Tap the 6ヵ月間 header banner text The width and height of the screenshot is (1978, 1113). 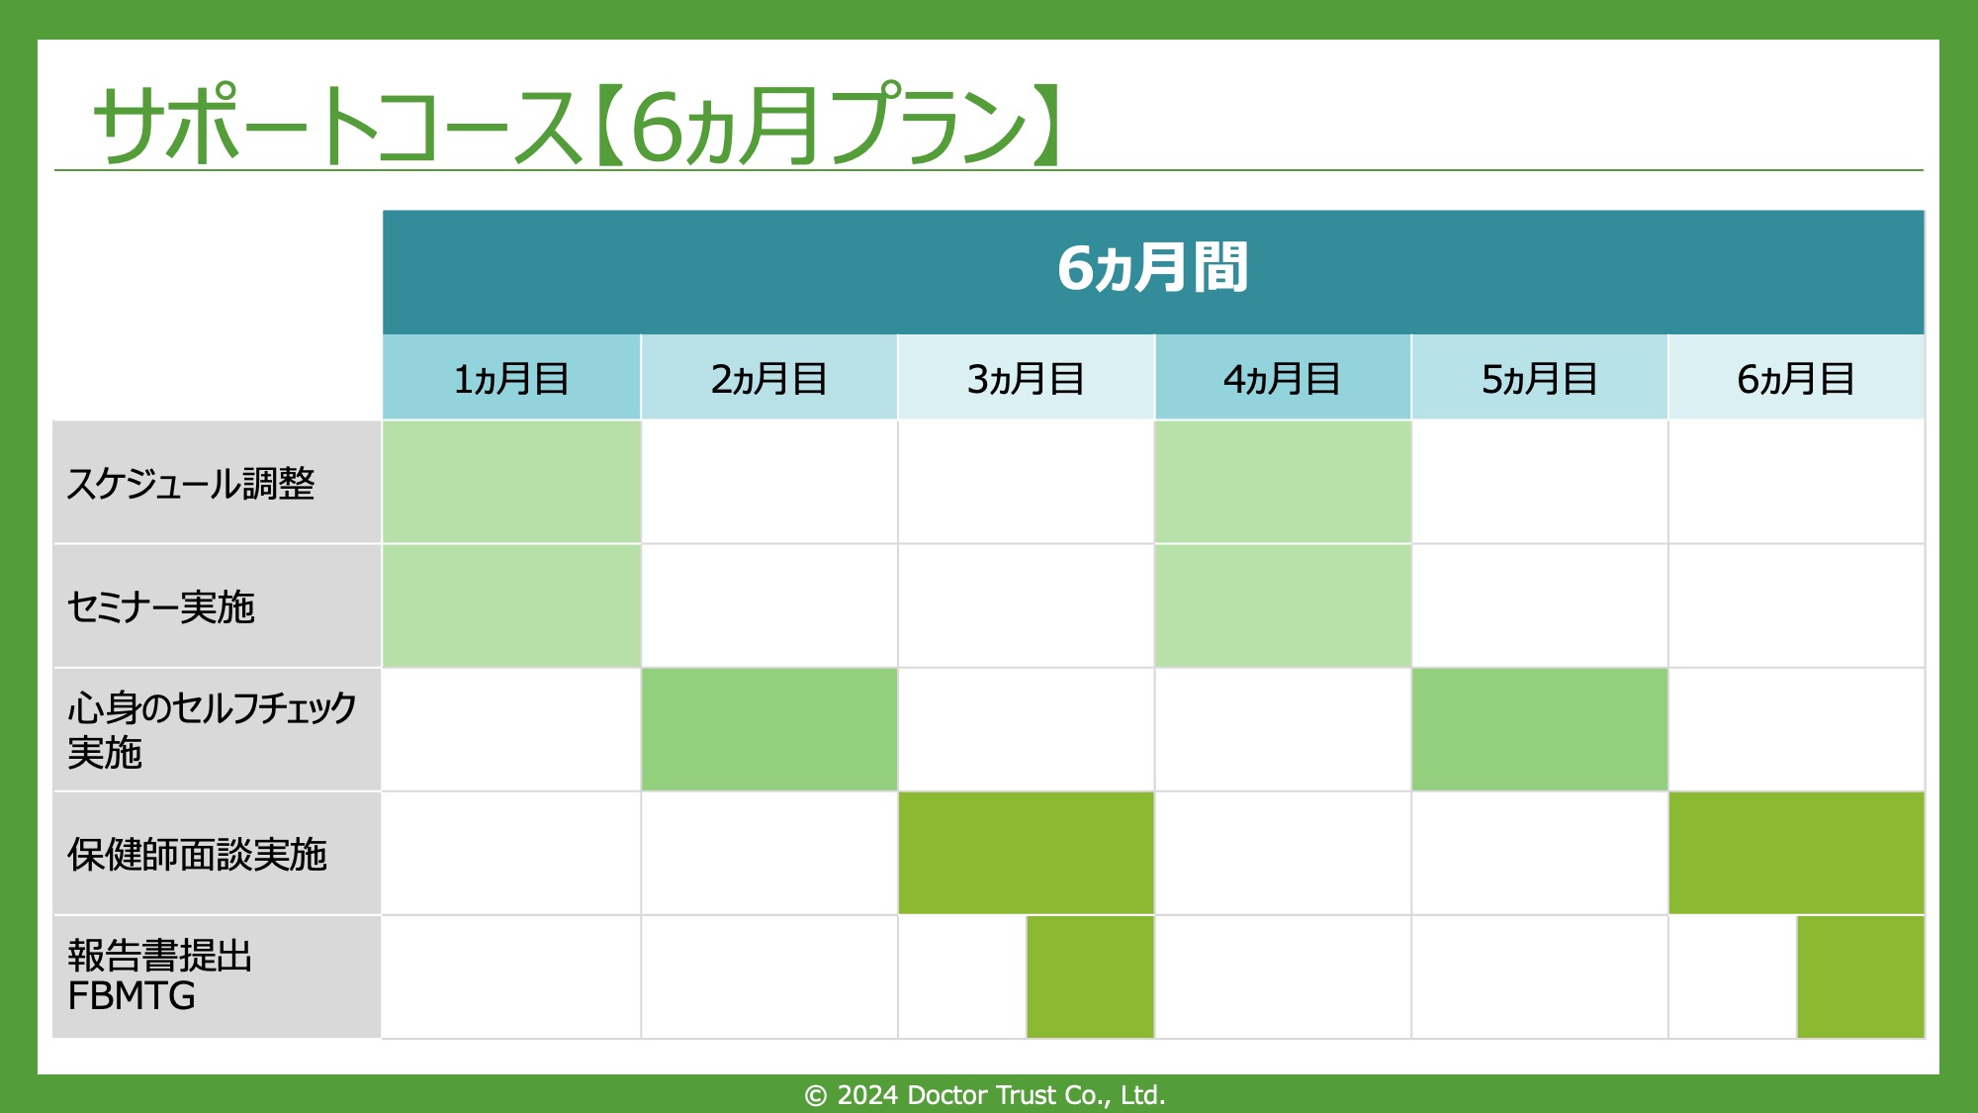tap(1153, 268)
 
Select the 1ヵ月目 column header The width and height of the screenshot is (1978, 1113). tap(511, 379)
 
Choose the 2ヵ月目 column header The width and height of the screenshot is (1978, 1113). tap(768, 379)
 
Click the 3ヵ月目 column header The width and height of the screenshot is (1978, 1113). tap(1026, 379)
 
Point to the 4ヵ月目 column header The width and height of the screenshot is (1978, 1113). tap(1282, 379)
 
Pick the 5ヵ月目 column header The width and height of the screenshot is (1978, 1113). tap(1539, 379)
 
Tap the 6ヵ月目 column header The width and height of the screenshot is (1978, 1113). tap(1796, 379)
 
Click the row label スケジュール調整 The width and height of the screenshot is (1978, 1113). tap(191, 484)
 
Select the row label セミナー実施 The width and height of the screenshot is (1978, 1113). tap(161, 606)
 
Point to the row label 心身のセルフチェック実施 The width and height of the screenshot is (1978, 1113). tap(212, 730)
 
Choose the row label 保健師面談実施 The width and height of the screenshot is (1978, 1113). tap(197, 854)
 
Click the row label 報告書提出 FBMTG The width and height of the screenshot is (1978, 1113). tap(159, 975)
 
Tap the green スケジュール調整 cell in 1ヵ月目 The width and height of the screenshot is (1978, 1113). tap(511, 482)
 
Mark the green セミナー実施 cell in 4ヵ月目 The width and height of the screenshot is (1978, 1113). tap(1283, 605)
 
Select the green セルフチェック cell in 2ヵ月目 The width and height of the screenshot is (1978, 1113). tap(769, 729)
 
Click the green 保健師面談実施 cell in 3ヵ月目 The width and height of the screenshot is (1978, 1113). tap(1027, 853)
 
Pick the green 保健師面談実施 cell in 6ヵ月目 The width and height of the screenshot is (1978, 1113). tap(1797, 853)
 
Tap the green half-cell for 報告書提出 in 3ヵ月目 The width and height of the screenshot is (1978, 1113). tap(1090, 976)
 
